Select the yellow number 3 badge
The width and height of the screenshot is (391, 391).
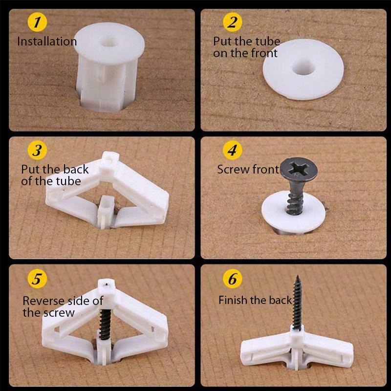click(x=37, y=151)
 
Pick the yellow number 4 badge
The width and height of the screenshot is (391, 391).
click(x=233, y=151)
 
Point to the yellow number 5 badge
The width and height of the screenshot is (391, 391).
click(x=37, y=279)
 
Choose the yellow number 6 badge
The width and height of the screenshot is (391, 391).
click(x=233, y=279)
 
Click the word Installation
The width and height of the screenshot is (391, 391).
click(x=47, y=42)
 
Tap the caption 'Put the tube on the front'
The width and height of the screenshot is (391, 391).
click(x=246, y=47)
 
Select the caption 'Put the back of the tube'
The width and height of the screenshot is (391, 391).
click(x=55, y=175)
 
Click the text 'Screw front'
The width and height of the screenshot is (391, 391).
click(x=248, y=170)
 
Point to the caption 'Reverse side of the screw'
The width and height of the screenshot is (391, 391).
click(x=63, y=306)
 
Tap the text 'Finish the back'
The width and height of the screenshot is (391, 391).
click(x=255, y=300)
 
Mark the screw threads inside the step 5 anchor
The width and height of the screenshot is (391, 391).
click(x=104, y=323)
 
